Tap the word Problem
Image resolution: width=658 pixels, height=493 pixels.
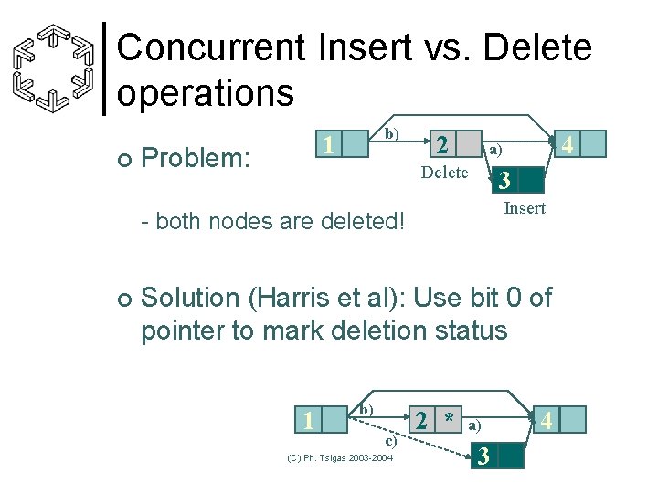pyautogui.click(x=196, y=158)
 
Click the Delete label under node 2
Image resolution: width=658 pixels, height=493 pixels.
pyautogui.click(x=444, y=173)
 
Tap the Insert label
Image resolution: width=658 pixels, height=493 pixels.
pyautogui.click(x=525, y=208)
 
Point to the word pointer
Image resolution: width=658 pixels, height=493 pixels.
pyautogui.click(x=183, y=330)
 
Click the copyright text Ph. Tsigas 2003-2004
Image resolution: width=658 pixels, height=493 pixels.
pyautogui.click(x=340, y=457)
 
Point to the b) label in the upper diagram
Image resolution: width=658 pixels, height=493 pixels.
pyautogui.click(x=391, y=133)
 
